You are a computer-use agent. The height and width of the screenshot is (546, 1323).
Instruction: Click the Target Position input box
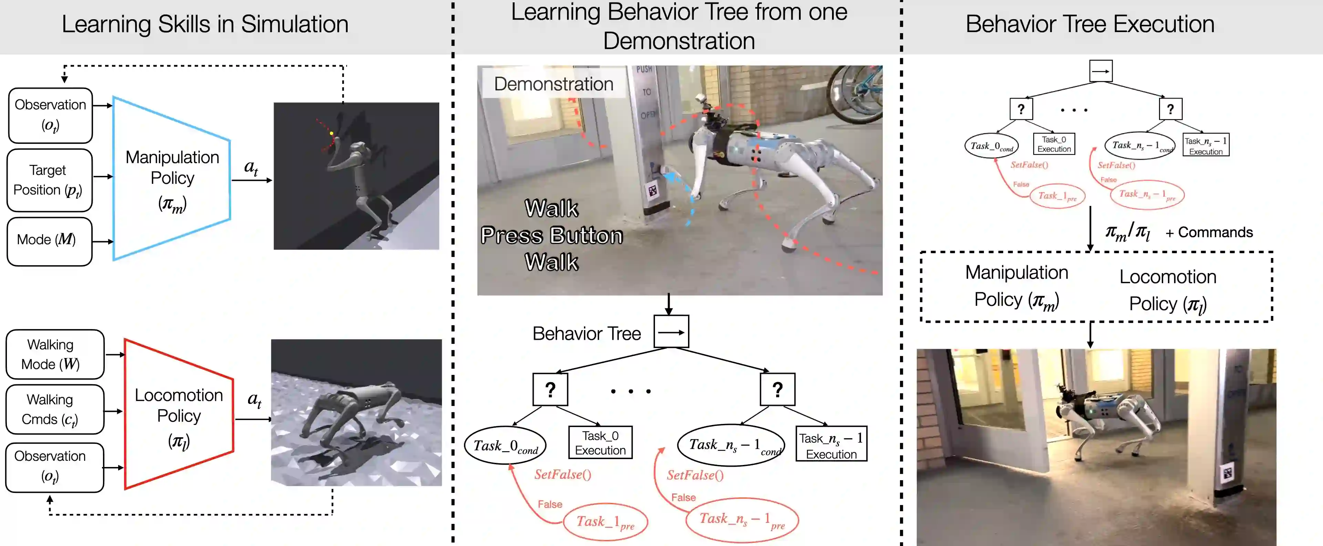49,180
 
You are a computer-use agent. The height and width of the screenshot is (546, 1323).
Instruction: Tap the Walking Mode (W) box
54,354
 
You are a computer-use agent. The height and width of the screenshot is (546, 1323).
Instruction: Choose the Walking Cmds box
54,409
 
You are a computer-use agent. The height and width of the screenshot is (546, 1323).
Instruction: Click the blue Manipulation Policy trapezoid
172,178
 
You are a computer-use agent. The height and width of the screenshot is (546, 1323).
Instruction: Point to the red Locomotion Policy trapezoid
179,414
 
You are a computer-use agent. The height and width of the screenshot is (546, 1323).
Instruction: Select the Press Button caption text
552,236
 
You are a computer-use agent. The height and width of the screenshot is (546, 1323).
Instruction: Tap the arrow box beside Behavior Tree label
671,332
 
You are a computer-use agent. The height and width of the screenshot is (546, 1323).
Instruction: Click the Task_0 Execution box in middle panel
600,443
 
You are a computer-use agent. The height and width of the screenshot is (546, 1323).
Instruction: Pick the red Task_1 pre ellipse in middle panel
605,522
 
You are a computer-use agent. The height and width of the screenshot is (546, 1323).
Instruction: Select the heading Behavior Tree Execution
1090,24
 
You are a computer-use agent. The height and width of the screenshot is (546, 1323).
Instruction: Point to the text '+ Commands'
1209,232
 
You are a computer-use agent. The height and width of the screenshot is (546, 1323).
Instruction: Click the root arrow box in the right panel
1101,71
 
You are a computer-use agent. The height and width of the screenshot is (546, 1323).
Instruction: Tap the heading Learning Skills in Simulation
205,24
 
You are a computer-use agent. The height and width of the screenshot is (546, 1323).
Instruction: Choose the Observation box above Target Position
50,115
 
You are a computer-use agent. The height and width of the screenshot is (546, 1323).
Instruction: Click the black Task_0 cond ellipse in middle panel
505,445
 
